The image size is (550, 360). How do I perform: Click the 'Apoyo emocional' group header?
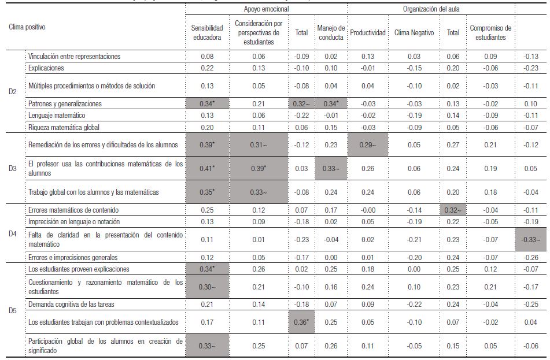266,10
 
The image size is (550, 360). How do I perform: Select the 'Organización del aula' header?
430,10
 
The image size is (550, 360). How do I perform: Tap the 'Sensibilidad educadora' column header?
207,33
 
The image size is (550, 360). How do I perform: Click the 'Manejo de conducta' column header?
331,33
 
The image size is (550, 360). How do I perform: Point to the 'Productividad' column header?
368,33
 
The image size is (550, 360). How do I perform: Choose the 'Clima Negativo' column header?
414,33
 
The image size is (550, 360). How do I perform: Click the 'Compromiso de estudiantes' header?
490,33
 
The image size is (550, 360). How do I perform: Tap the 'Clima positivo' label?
27,27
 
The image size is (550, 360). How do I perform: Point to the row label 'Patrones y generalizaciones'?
65,103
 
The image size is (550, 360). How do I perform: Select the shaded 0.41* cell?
207,169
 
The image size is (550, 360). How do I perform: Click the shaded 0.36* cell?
301,322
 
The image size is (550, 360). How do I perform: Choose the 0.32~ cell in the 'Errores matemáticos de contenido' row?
452,210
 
